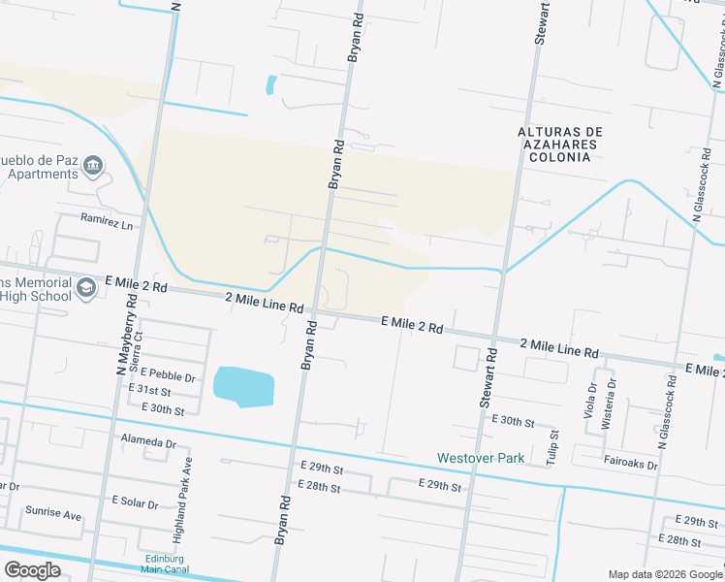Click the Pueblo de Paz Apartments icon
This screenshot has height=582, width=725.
pos(93,166)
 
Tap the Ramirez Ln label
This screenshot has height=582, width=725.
pos(107,223)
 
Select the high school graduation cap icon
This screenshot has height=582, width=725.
pos(86,288)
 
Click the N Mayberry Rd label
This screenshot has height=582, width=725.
pos(125,337)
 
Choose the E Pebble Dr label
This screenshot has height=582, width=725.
pos(168,373)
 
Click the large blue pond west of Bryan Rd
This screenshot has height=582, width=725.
pos(243,387)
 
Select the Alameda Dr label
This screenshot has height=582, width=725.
pos(148,442)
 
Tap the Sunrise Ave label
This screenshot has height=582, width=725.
pos(53,514)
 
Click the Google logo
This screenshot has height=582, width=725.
pos(33,569)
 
